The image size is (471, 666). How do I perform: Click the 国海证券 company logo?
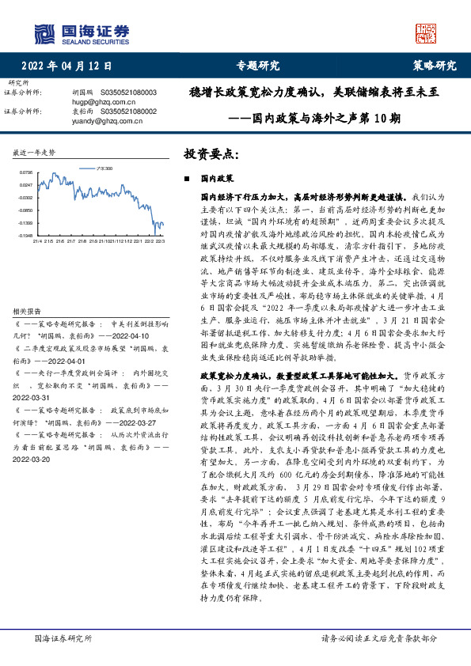pos(82,32)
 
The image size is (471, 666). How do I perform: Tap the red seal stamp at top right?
pos(427,32)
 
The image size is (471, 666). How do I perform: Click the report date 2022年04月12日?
pos(66,66)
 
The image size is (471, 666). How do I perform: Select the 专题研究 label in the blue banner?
pos(258,66)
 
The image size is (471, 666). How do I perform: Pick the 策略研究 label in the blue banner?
pos(435,66)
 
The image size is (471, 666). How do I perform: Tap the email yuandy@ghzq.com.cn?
pos(108,121)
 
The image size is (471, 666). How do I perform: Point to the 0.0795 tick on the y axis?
pos(26,172)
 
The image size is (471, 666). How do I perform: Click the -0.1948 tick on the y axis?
pos(26,235)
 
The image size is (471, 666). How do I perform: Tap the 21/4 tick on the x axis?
pos(36,241)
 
